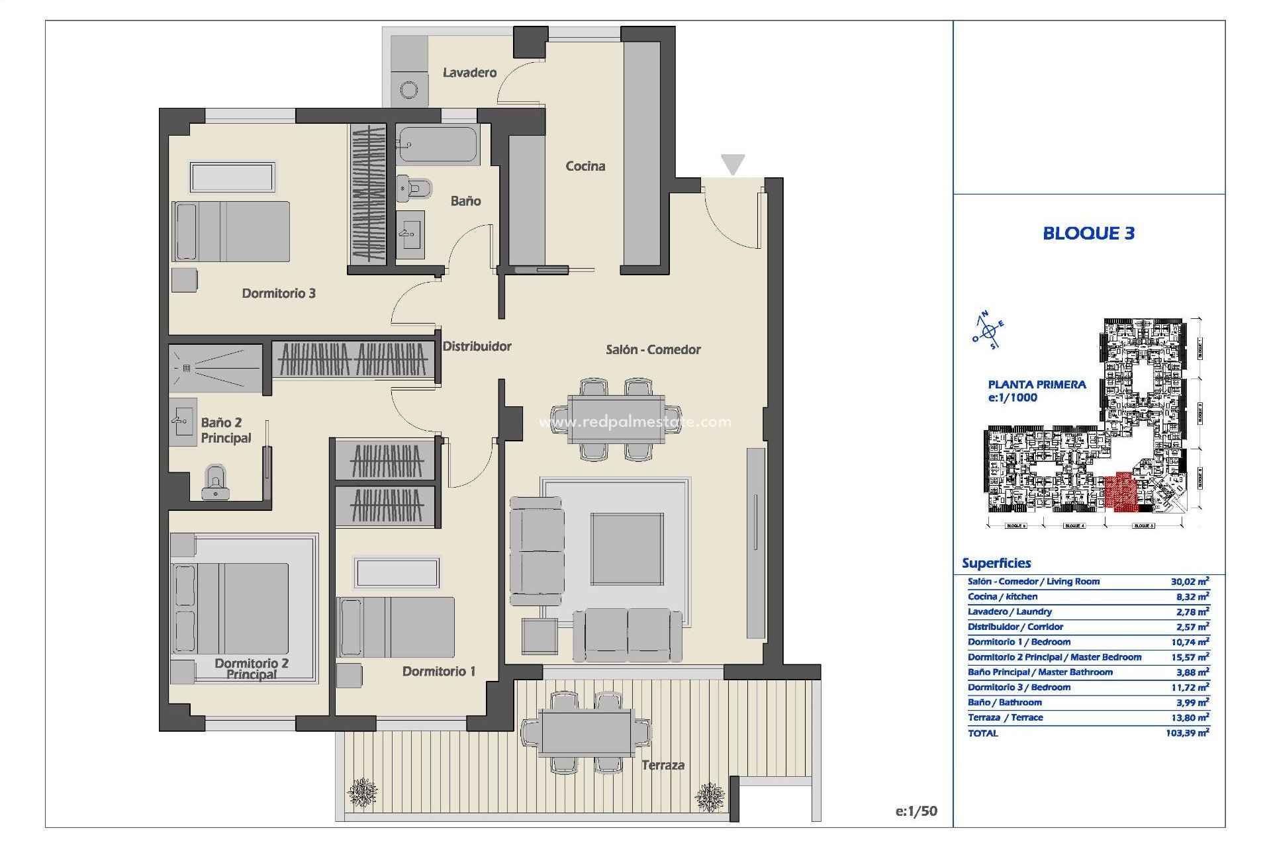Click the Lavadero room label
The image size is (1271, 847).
(x=469, y=73)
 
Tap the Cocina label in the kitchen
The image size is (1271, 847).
(x=585, y=166)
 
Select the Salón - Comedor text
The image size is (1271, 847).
(x=653, y=349)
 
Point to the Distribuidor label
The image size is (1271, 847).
(x=477, y=346)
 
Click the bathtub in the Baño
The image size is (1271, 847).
(x=437, y=145)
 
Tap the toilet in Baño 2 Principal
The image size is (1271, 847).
(x=215, y=481)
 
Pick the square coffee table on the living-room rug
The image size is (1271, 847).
(x=627, y=549)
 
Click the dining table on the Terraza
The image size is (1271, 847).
(x=585, y=733)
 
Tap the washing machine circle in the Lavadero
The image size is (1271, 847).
(x=409, y=89)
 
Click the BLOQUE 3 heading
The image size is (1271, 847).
(x=1088, y=233)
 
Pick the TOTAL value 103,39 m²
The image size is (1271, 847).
(x=1188, y=733)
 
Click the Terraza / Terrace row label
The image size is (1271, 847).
(x=1005, y=717)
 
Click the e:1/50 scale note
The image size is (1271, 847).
(x=916, y=811)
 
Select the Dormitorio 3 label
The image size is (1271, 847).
(x=278, y=293)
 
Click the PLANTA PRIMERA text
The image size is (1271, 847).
(x=1037, y=384)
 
